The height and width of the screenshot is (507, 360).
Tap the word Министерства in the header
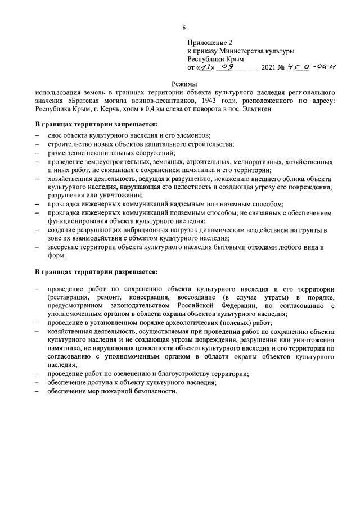click(x=246, y=50)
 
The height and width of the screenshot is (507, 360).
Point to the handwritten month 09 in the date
click(x=228, y=67)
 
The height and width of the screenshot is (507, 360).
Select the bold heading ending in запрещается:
click(x=96, y=124)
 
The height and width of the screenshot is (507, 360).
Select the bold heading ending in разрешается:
click(x=96, y=273)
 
